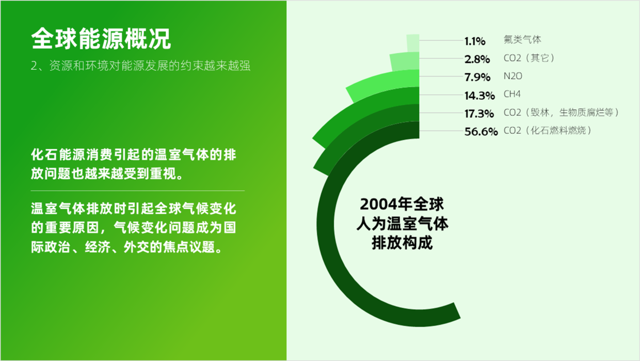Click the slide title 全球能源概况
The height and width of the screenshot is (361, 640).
[101, 39]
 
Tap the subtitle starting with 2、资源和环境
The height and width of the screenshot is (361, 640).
[140, 66]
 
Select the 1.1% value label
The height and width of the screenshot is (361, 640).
[475, 41]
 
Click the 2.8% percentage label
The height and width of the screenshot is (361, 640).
[477, 59]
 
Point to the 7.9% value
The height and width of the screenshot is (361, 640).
[477, 77]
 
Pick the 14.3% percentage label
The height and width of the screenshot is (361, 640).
[479, 96]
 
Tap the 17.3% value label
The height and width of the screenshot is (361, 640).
[479, 114]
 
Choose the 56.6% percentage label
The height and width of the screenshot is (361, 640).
[481, 132]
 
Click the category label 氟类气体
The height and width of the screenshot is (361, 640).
[522, 40]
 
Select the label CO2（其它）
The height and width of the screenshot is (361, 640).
[529, 58]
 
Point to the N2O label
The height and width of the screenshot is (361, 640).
[513, 76]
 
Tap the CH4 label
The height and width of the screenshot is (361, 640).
[511, 94]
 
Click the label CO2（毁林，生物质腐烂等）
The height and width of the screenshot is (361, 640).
[561, 113]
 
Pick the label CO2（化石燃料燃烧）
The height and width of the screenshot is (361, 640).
[548, 131]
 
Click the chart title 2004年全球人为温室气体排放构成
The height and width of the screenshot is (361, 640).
[402, 224]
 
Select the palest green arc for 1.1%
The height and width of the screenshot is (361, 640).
[413, 43]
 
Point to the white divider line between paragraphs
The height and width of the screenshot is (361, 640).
[138, 191]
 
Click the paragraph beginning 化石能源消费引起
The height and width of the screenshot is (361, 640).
[134, 164]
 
